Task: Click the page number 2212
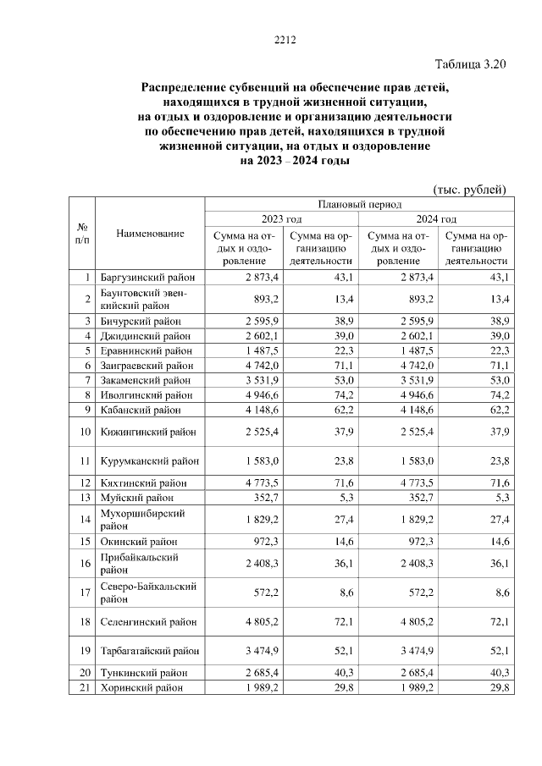pyautogui.click(x=283, y=40)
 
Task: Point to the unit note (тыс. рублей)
pyautogui.click(x=469, y=188)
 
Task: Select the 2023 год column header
pyautogui.click(x=281, y=218)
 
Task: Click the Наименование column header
pyautogui.click(x=150, y=233)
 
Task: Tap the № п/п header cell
pyautogui.click(x=83, y=233)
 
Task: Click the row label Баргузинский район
pyautogui.click(x=147, y=277)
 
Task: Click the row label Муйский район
pyautogui.click(x=137, y=497)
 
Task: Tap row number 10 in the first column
pyautogui.click(x=83, y=432)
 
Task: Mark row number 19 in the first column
pyautogui.click(x=83, y=651)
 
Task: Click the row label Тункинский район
pyautogui.click(x=143, y=673)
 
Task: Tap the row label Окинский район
pyautogui.click(x=139, y=541)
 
